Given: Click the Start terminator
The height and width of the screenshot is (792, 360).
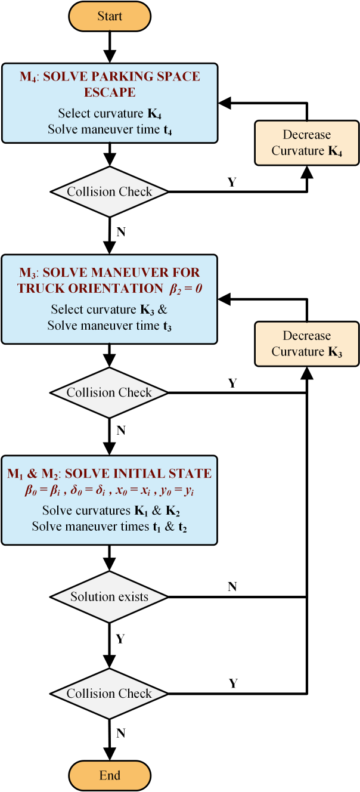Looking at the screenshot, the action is (x=110, y=16).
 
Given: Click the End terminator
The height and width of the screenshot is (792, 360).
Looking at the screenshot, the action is (x=110, y=775).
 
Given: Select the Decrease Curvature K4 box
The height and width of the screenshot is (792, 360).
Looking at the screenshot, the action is (x=306, y=143).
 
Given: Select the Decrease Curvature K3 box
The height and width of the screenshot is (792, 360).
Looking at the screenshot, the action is (x=306, y=344).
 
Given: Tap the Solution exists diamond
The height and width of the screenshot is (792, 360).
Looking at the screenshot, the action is (x=109, y=597).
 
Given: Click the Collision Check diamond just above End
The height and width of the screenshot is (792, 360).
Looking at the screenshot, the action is (x=109, y=694).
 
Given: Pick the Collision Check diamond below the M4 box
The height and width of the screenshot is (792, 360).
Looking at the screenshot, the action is (x=110, y=191).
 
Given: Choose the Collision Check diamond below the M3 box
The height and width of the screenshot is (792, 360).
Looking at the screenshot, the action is (x=109, y=392).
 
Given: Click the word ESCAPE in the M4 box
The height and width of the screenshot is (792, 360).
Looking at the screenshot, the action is (x=110, y=92).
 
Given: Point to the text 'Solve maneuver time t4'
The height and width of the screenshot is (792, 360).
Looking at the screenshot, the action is (x=110, y=130).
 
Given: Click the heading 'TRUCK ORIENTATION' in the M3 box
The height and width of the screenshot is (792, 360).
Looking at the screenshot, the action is (x=91, y=289).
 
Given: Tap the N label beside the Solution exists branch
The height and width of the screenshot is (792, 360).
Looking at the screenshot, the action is (x=232, y=587).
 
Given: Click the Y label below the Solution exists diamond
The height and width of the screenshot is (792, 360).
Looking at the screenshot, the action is (x=120, y=639).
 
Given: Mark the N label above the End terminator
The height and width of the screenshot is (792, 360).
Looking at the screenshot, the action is (x=121, y=734).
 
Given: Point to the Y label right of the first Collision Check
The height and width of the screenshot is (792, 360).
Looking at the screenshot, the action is (x=232, y=182).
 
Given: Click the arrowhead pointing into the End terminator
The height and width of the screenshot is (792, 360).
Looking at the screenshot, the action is (x=110, y=754).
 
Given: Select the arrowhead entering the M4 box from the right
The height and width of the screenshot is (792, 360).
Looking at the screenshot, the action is (x=225, y=103).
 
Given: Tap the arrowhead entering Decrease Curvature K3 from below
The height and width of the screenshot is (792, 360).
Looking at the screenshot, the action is (x=307, y=373).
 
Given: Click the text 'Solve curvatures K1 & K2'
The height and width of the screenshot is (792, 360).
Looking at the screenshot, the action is (x=111, y=511).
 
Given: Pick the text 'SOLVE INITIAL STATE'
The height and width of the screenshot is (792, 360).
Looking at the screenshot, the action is (x=138, y=474).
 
